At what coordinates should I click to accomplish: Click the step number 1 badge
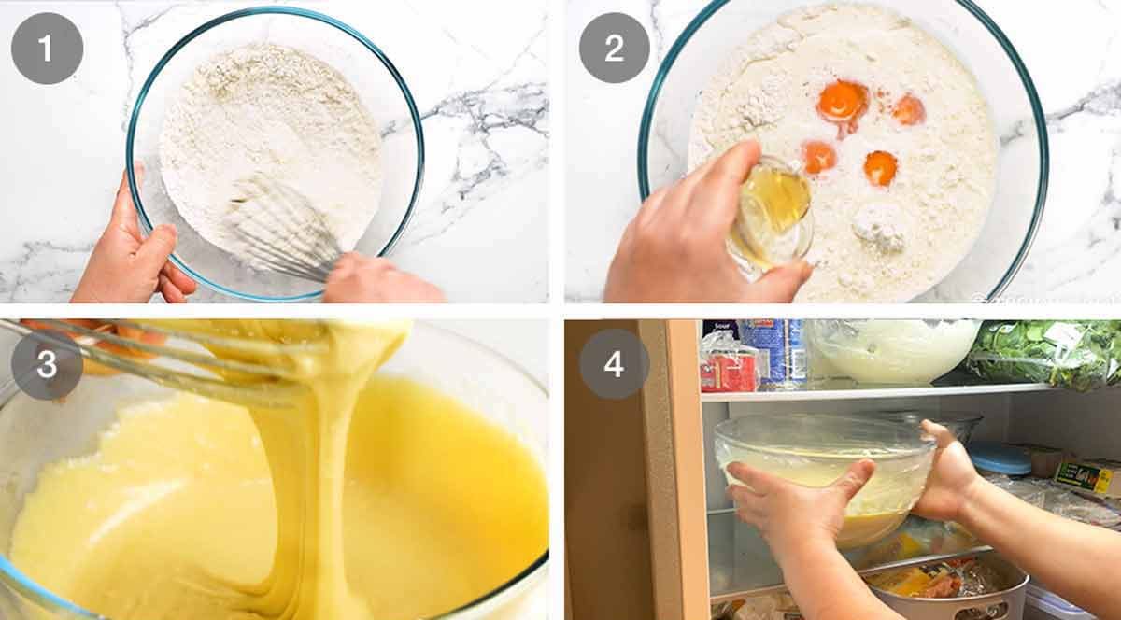(x=48, y=48)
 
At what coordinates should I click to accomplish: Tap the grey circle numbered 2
(x=614, y=48)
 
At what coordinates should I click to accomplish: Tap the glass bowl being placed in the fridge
(x=822, y=467)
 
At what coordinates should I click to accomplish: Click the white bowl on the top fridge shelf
(x=892, y=350)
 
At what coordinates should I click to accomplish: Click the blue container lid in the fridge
(x=998, y=458)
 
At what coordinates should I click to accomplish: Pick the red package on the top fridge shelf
(x=729, y=371)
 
